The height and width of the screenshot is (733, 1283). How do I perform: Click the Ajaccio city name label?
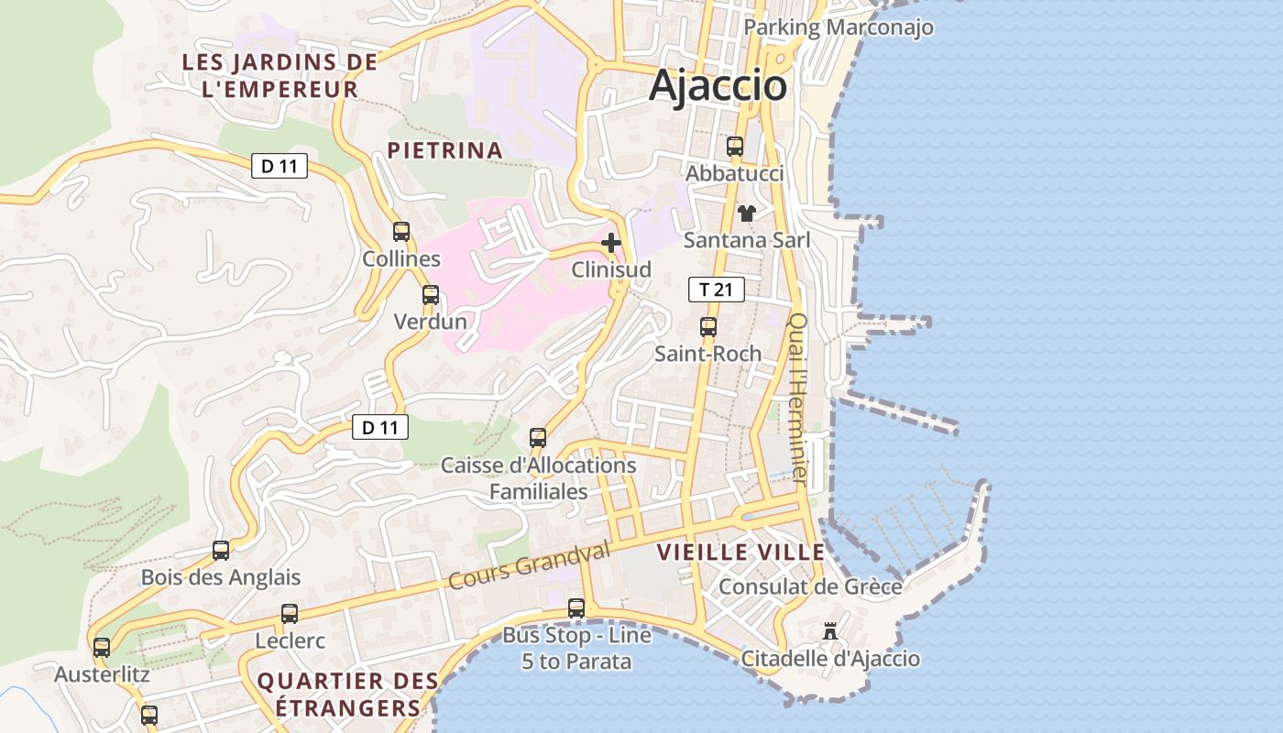pos(718,86)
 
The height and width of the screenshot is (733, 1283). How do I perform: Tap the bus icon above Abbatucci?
pos(735,146)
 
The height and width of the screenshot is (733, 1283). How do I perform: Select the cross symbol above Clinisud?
pos(611,243)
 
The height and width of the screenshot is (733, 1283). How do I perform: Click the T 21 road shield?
pos(716,290)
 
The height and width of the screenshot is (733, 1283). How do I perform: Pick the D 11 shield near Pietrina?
pos(280,166)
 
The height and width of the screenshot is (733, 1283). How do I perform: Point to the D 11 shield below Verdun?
pos(379,427)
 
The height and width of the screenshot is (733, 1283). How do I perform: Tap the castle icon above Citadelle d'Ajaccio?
pos(830,631)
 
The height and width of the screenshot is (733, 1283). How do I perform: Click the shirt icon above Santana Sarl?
pos(747,213)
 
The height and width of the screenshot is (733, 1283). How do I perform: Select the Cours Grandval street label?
pos(529,566)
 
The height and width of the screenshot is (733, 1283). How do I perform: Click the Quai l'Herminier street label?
pos(798,399)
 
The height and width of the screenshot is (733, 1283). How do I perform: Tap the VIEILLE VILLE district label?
pos(740,552)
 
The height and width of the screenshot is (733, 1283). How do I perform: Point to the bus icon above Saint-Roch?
pos(708,326)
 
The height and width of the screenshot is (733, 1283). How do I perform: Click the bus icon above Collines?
pos(401,232)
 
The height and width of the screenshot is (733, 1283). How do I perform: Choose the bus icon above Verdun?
pos(431,295)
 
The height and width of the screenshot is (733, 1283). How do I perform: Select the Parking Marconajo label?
pos(838,27)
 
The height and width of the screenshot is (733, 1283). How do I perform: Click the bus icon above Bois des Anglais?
pos(221,551)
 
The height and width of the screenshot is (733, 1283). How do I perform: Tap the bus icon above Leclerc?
pos(290,614)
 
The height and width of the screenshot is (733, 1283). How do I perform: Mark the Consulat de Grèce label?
pos(809,586)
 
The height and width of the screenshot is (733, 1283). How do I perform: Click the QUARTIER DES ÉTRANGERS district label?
pos(347,695)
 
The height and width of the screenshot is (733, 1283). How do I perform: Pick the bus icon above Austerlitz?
pos(102,648)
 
